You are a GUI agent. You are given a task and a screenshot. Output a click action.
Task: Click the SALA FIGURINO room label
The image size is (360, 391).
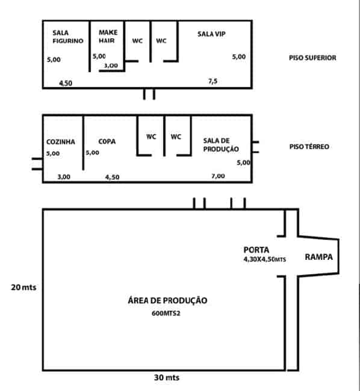coord(68,37)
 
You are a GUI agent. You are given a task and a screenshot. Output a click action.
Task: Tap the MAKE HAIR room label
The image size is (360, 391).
coord(108,37)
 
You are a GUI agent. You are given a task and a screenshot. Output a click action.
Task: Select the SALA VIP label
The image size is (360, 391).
coord(211,34)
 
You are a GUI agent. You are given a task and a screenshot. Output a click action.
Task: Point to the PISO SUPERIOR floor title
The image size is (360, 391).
coord(312,58)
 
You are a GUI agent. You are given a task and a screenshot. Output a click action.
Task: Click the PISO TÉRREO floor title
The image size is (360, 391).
coord(309,146)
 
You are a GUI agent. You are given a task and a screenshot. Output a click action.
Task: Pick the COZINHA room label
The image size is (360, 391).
coord(61,142)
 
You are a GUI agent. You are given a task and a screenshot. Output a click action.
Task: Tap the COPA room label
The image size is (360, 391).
coord(107,141)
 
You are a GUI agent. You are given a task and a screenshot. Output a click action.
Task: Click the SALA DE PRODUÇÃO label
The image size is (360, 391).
coord(221,145)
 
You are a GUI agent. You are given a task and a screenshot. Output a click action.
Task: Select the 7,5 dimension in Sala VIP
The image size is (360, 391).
coord(213,81)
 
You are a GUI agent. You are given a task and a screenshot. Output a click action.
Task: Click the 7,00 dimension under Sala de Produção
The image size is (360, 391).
coord(218,176)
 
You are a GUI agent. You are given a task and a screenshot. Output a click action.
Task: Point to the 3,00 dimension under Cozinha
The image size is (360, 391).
coord(64,177)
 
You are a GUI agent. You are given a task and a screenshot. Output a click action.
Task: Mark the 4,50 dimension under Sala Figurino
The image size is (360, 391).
coord(66,83)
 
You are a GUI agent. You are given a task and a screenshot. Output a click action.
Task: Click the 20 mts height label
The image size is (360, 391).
coord(23,288)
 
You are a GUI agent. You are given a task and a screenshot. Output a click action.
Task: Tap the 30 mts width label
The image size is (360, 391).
coord(167,378)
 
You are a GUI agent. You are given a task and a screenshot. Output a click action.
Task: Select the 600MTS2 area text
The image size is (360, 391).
coord(166,313)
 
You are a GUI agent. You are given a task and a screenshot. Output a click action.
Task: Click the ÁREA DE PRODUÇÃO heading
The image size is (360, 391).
coord(167,300)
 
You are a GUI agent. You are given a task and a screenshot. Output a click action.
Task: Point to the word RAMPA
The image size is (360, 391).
coord(319,257)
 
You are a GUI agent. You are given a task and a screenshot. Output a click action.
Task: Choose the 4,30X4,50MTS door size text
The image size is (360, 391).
coord(265,259)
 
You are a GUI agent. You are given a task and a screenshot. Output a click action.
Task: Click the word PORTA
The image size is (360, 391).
coord(256,250)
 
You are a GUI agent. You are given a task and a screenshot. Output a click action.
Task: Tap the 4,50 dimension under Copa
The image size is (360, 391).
coord(112,177)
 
